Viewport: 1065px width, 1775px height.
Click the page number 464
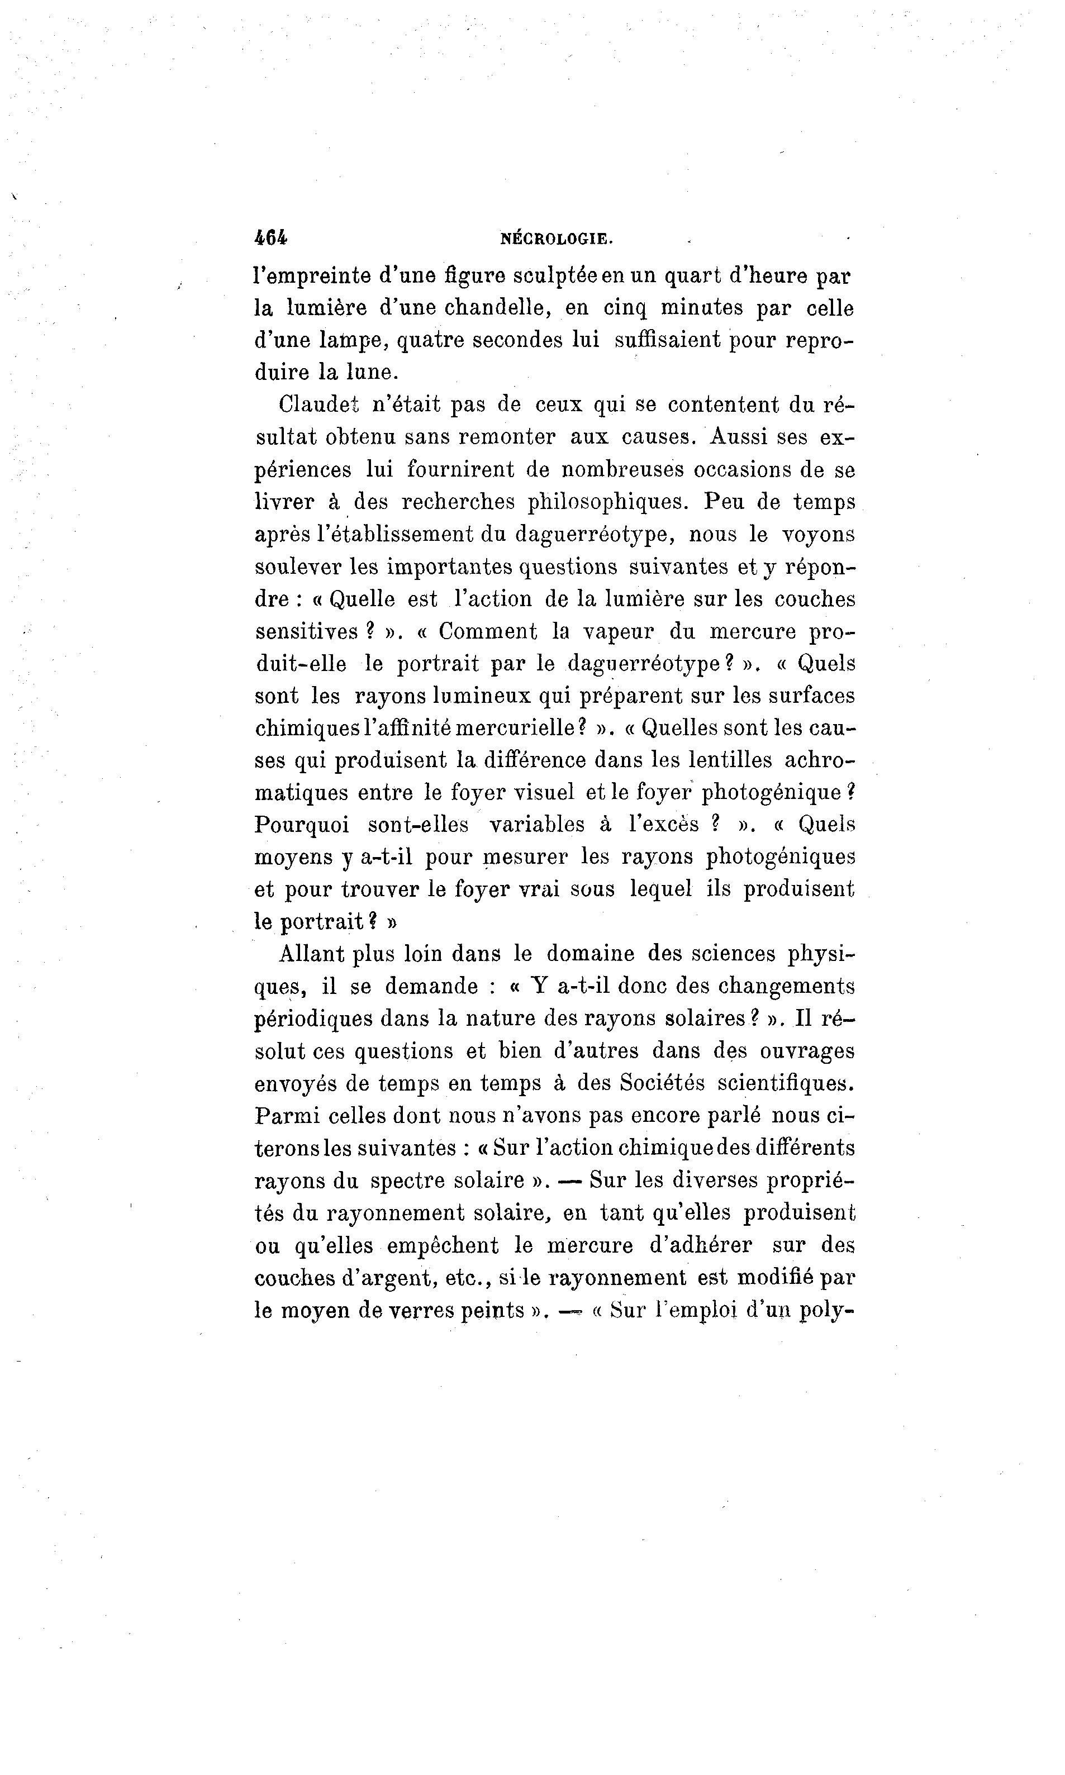pyautogui.click(x=270, y=238)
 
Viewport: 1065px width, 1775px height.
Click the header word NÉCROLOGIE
pyautogui.click(x=556, y=239)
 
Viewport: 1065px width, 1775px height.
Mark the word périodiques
pyautogui.click(x=313, y=1019)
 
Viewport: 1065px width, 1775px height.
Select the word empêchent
pyautogui.click(x=443, y=1245)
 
